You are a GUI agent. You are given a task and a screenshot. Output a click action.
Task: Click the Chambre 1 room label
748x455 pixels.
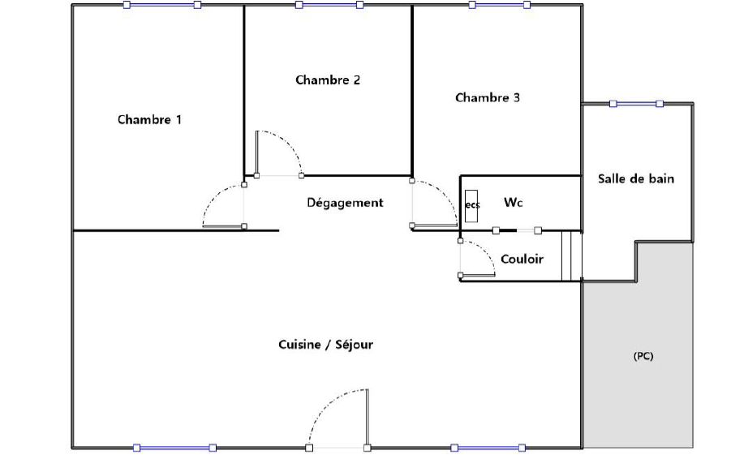click(149, 119)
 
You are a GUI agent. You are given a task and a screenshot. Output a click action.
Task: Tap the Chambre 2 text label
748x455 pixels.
click(328, 79)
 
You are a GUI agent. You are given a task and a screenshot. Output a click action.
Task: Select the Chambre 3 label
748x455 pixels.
click(487, 98)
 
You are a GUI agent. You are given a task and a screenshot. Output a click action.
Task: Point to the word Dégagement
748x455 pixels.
click(345, 203)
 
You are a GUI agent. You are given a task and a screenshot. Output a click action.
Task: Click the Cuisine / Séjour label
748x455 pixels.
click(325, 345)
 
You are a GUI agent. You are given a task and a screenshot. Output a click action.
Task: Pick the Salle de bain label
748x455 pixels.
click(636, 179)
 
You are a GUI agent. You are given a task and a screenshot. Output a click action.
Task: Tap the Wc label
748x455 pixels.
click(514, 202)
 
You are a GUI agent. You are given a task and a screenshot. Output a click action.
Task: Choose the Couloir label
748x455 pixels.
click(522, 259)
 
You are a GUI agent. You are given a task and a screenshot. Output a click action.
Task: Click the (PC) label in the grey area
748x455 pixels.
click(643, 356)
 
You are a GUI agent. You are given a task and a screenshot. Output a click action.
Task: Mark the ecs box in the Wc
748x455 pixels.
click(471, 205)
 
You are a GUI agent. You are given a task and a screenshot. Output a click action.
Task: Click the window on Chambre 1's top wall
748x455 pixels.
click(161, 5)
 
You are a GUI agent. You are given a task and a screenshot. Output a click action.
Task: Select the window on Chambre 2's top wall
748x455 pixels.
click(329, 5)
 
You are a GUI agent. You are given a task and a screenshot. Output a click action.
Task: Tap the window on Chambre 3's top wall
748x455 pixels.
click(500, 5)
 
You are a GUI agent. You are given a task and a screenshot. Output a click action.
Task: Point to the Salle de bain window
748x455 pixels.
click(636, 104)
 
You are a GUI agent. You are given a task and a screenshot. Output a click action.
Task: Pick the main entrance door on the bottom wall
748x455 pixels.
click(337, 419)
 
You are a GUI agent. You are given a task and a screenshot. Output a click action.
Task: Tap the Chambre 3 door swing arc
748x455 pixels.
click(444, 195)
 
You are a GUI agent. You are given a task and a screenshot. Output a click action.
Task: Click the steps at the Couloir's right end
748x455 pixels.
click(571, 255)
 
